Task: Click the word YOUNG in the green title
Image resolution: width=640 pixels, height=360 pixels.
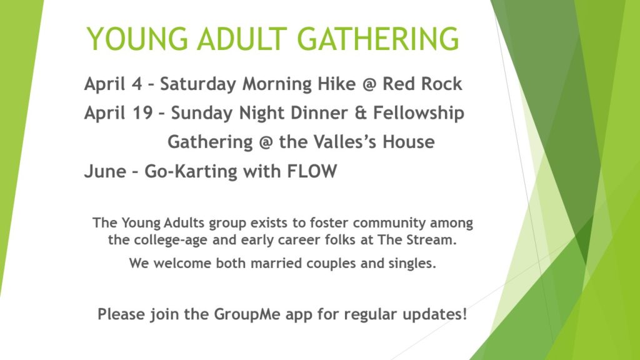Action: tap(137, 39)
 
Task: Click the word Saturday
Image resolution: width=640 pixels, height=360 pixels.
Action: tap(198, 84)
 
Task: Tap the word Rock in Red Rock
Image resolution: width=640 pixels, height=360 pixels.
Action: tap(442, 84)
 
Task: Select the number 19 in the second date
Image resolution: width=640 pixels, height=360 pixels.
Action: tap(142, 113)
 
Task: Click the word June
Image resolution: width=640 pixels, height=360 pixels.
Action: tap(105, 171)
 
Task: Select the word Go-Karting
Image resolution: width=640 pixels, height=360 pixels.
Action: tap(191, 171)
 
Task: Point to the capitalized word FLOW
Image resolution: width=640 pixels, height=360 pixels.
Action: tap(312, 171)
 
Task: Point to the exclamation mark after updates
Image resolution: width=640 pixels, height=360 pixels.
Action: tap(464, 314)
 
